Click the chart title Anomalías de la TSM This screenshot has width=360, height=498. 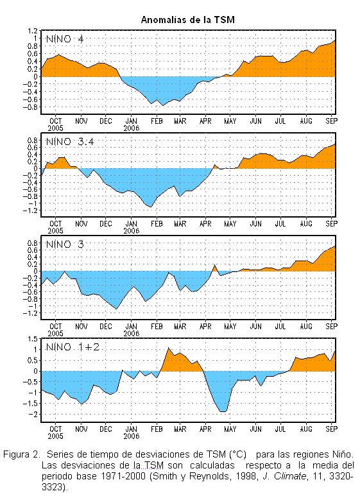(x=187, y=20)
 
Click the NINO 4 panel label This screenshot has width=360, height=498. (x=65, y=39)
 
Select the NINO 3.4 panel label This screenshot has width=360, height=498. (x=70, y=141)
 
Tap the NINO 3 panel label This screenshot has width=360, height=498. (x=65, y=245)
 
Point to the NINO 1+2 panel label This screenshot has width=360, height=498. (x=73, y=347)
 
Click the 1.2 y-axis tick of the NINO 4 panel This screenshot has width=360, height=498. (x=33, y=31)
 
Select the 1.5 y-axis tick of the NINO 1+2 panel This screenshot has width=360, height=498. (x=33, y=339)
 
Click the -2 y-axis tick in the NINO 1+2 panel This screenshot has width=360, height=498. (x=33, y=414)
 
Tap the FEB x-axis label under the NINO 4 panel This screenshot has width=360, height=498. (x=157, y=121)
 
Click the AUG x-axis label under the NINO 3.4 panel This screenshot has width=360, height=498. (x=306, y=223)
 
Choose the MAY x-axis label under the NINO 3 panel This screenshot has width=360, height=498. (x=230, y=326)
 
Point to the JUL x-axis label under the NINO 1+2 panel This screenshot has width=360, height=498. (x=280, y=429)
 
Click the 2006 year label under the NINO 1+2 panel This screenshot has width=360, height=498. (x=132, y=436)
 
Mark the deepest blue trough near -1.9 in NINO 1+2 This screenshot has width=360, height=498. (x=223, y=411)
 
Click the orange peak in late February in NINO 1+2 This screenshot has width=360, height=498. (x=168, y=348)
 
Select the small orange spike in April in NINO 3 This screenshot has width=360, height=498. (x=214, y=267)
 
